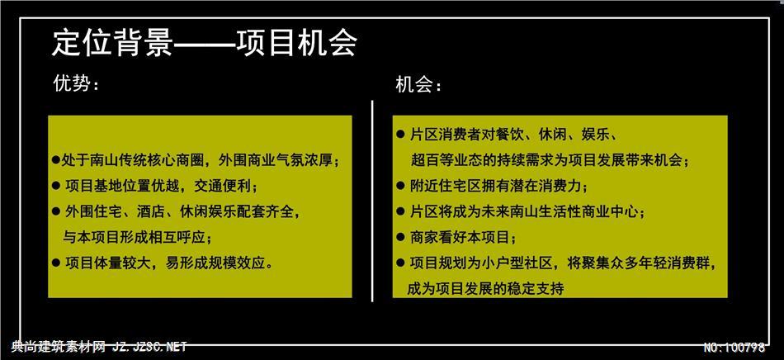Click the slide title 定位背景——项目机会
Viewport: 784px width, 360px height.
204,44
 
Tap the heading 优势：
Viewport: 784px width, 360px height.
77,83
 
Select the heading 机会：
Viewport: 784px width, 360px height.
418,86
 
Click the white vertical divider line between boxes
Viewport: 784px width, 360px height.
372,201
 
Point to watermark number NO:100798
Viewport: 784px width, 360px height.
734,347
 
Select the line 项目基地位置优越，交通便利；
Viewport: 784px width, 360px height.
162,187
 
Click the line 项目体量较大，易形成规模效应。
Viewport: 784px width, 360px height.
169,263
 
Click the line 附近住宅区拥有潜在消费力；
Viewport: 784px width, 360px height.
499,186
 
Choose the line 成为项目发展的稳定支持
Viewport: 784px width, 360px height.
485,288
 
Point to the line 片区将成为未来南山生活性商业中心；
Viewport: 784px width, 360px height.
527,211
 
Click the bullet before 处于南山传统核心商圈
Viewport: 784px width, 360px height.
56,161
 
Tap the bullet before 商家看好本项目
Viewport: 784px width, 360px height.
400,236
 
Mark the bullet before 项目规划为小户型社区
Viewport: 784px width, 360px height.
400,263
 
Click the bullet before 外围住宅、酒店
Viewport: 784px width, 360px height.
56,211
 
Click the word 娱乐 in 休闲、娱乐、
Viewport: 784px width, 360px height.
594,135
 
